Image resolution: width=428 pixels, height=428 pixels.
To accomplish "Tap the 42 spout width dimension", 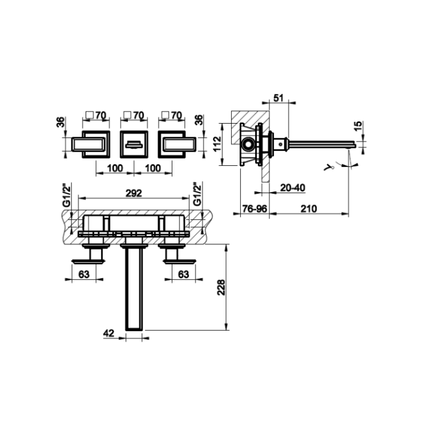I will pyautogui.click(x=108, y=334).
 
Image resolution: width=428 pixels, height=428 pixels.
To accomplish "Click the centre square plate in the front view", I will pyautogui.click(x=133, y=143).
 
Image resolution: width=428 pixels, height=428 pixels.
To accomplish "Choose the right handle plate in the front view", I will pyautogui.click(x=175, y=143).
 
